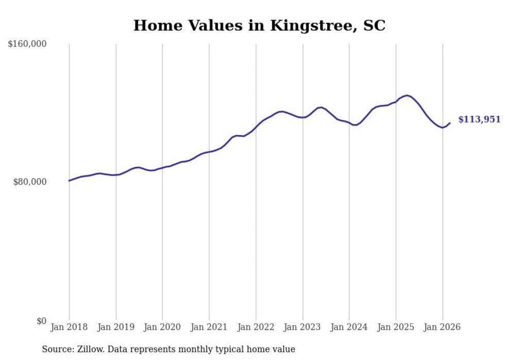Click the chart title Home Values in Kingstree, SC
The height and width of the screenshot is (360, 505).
[x=259, y=25]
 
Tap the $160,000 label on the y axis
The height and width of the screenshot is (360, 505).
[x=27, y=44]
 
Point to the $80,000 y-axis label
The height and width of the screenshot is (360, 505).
[x=30, y=182]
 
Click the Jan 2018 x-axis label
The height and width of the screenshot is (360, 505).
[x=69, y=327]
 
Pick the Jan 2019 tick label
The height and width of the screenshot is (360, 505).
[x=116, y=327]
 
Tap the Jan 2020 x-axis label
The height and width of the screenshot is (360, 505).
[x=162, y=327]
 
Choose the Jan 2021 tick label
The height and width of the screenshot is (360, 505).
[x=209, y=327]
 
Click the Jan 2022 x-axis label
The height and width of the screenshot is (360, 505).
[x=256, y=327]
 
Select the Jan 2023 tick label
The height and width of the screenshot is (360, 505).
[x=302, y=327]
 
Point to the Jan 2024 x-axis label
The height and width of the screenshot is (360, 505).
[x=349, y=327]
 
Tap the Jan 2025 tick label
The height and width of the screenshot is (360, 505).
[x=396, y=327]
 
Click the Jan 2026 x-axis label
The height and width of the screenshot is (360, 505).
[x=442, y=327]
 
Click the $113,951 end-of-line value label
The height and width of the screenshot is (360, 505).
[x=479, y=119]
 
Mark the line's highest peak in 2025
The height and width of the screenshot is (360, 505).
[x=407, y=95]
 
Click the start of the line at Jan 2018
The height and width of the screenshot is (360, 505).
[x=69, y=180]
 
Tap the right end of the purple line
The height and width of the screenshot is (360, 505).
[x=450, y=123]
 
